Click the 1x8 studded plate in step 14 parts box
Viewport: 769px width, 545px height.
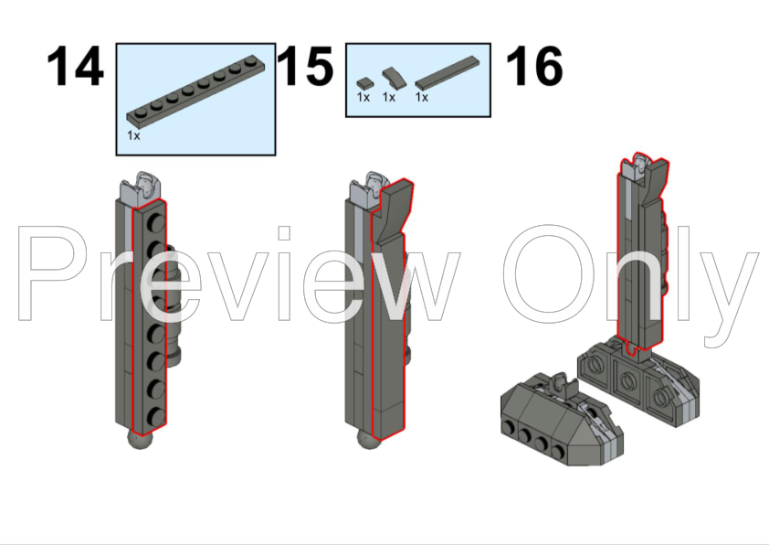point(195,90)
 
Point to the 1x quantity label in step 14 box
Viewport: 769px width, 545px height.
point(133,135)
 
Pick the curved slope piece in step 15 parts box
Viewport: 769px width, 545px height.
point(395,78)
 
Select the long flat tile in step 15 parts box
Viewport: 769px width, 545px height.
point(448,72)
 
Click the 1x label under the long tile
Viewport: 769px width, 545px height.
point(422,97)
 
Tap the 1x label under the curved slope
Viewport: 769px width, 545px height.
point(389,97)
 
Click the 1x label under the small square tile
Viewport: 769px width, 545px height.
point(363,97)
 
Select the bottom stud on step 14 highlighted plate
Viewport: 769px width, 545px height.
point(156,417)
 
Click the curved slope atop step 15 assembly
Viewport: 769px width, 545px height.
point(393,212)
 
